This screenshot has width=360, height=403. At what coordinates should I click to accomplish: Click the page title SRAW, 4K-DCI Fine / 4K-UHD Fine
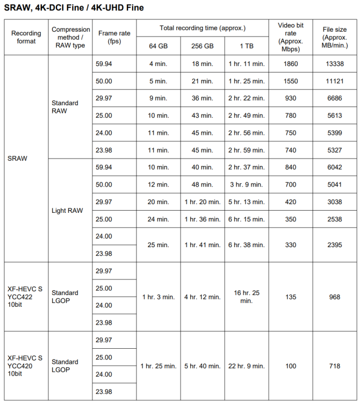[x=74, y=8]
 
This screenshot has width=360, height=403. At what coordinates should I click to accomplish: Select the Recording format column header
[x=26, y=37]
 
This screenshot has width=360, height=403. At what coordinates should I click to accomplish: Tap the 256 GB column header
[x=202, y=46]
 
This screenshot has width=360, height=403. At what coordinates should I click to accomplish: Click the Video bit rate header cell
[x=290, y=37]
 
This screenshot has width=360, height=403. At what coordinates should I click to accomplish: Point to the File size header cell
[x=335, y=37]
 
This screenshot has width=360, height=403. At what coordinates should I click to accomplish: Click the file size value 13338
[x=335, y=64]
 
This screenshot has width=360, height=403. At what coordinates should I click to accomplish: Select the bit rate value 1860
[x=290, y=64]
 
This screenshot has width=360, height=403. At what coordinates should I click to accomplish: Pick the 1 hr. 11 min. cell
[x=246, y=64]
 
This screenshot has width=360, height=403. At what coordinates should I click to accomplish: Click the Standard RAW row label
[x=65, y=107]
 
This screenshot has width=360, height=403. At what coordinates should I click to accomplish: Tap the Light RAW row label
[x=67, y=211]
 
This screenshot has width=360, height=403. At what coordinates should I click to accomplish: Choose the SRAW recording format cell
[x=17, y=159]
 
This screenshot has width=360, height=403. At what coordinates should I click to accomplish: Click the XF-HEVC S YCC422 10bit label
[x=25, y=297]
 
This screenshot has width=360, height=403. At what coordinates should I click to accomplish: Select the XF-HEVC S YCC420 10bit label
[x=25, y=366]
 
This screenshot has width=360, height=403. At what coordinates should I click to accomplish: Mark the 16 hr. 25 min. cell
[x=246, y=297]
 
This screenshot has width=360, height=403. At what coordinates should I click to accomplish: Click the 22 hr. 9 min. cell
[x=246, y=366]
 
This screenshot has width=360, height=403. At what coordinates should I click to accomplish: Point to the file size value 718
[x=335, y=366]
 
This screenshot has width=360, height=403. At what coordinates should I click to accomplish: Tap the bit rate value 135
[x=290, y=297]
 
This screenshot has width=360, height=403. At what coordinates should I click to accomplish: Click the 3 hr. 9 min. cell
[x=246, y=184]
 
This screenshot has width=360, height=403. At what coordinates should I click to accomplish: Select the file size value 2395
[x=335, y=245]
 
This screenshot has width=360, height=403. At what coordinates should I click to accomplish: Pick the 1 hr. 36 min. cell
[x=202, y=219]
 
